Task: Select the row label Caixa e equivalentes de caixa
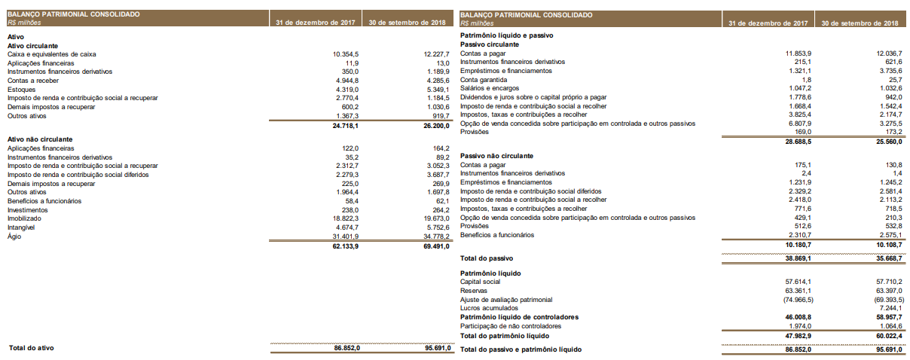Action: tap(51, 54)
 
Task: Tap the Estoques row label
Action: tap(20, 89)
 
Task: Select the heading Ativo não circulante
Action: tap(39, 139)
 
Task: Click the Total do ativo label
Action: tap(31, 348)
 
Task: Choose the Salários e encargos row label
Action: tap(490, 89)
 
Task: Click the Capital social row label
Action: tap(481, 282)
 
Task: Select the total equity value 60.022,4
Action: tap(887, 335)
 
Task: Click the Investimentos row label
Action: tap(28, 210)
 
